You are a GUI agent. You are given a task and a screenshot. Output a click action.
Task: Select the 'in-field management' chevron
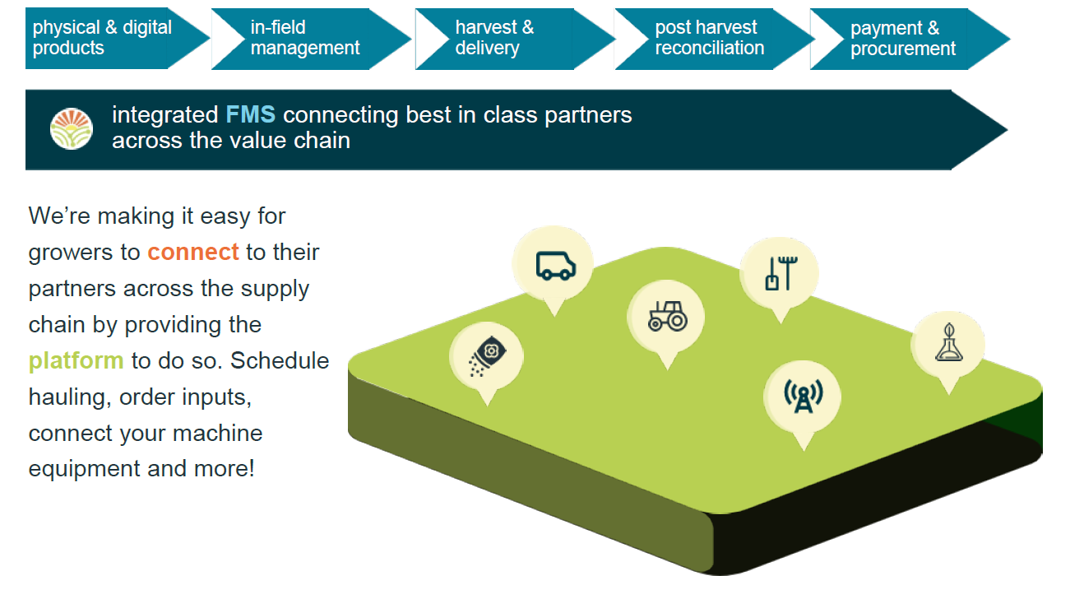pyautogui.click(x=311, y=39)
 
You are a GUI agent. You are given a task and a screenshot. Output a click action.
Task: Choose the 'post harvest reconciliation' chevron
pyautogui.click(x=715, y=39)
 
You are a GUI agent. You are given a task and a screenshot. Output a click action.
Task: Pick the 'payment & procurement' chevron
pyautogui.click(x=910, y=39)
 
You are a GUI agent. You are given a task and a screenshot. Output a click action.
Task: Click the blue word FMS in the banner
pyautogui.click(x=250, y=114)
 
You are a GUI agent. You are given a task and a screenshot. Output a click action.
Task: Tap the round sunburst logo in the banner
pyautogui.click(x=71, y=129)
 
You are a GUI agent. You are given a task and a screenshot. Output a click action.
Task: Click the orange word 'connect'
pyautogui.click(x=193, y=253)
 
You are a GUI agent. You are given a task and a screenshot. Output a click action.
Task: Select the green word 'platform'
pyautogui.click(x=76, y=361)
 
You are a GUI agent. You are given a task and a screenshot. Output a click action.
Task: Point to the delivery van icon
pyautogui.click(x=555, y=266)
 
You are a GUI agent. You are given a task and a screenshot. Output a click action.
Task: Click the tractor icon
pyautogui.click(x=667, y=316)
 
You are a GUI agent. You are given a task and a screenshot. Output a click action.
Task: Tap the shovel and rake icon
pyautogui.click(x=781, y=273)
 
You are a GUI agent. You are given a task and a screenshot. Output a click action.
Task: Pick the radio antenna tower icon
pyautogui.click(x=804, y=397)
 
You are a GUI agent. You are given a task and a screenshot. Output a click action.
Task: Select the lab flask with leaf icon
pyautogui.click(x=948, y=343)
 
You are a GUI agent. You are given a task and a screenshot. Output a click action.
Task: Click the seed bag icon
pyautogui.click(x=487, y=355)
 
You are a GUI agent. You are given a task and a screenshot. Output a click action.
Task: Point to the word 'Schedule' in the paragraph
pyautogui.click(x=280, y=360)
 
